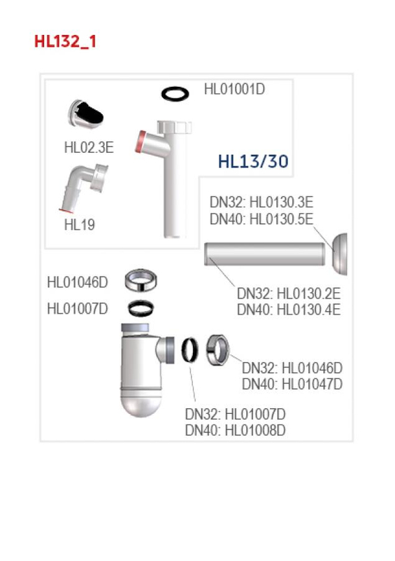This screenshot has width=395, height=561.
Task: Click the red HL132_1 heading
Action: pyautogui.click(x=65, y=42)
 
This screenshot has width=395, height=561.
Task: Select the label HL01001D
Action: pyautogui.click(x=234, y=90)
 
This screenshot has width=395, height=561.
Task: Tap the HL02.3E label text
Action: pyautogui.click(x=89, y=147)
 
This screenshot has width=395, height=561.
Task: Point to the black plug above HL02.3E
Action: pyautogui.click(x=87, y=114)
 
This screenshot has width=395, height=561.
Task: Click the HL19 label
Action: pyautogui.click(x=80, y=225)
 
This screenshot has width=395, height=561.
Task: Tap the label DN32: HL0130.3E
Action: pyautogui.click(x=261, y=202)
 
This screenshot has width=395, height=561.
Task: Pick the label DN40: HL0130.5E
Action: pyautogui.click(x=261, y=219)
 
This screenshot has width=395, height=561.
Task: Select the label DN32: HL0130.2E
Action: pyautogui.click(x=288, y=293)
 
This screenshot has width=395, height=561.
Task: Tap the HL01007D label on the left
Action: pyautogui.click(x=78, y=308)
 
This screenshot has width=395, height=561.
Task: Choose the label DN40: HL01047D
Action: pyautogui.click(x=292, y=384)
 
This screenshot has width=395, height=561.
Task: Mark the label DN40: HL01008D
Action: pyautogui.click(x=235, y=430)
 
